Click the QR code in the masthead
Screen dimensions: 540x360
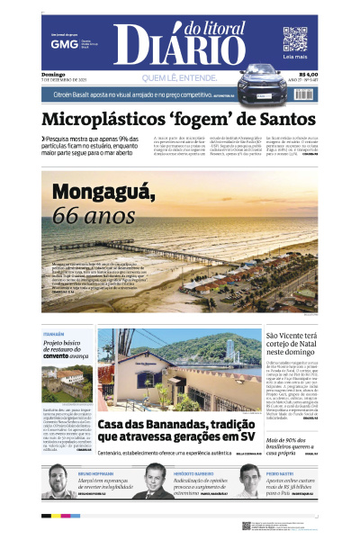click(x=295, y=40)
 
